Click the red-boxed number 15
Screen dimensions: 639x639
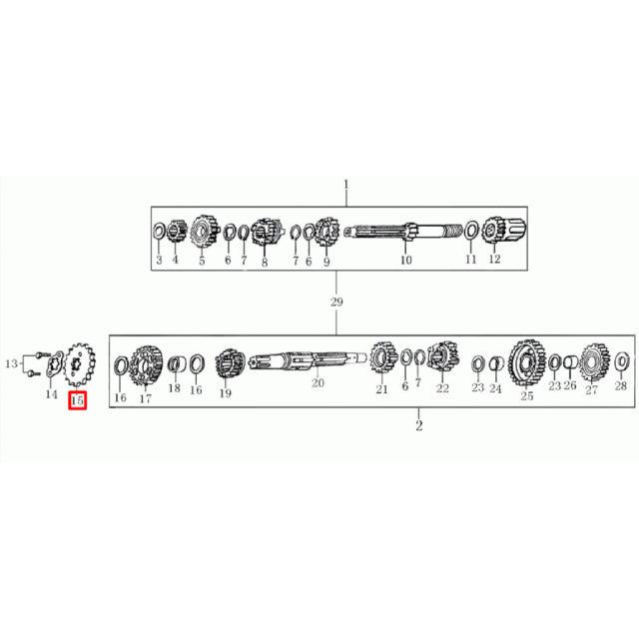[x=78, y=400]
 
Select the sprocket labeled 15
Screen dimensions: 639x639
[x=80, y=363]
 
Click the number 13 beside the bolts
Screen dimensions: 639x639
[x=11, y=363]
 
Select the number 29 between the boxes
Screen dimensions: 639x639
[x=336, y=302]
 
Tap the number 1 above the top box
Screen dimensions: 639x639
[x=346, y=185]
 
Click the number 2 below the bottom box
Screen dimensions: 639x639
[x=419, y=426]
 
